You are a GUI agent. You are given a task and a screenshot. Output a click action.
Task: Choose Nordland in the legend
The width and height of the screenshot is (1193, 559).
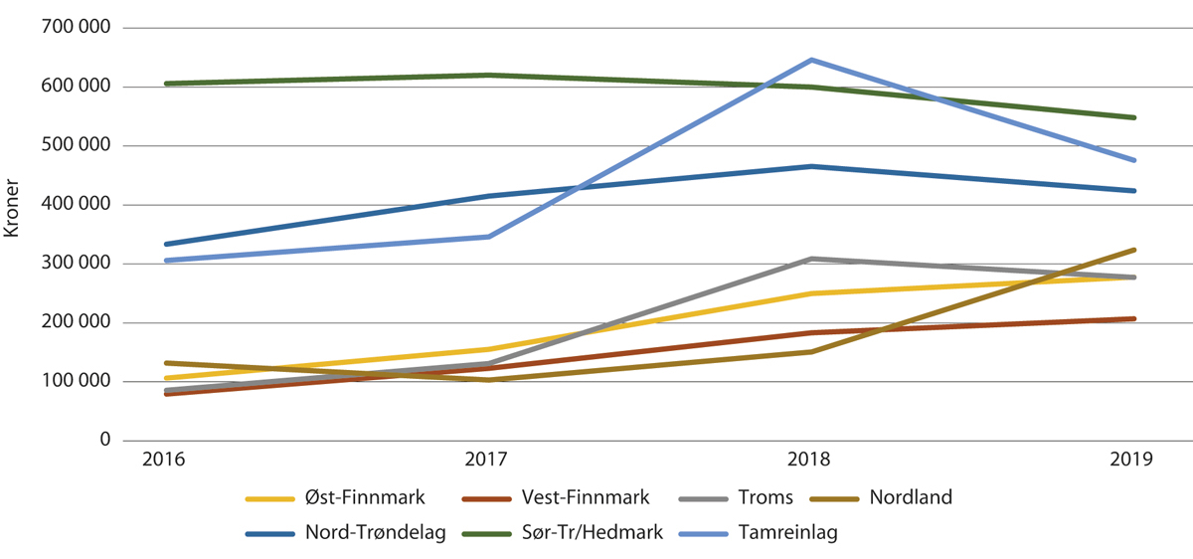click(x=910, y=497)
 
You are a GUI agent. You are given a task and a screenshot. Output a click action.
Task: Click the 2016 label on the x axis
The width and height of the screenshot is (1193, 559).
click(x=163, y=460)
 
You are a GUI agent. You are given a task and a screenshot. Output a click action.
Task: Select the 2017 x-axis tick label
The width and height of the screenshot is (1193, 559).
click(x=487, y=460)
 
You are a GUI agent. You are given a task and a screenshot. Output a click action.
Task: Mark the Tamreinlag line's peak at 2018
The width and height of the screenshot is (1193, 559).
click(x=811, y=60)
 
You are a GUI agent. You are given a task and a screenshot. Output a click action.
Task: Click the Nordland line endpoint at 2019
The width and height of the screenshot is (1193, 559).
click(x=1134, y=250)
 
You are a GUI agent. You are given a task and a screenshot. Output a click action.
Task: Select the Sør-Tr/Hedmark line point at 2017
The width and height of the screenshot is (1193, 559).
click(x=487, y=75)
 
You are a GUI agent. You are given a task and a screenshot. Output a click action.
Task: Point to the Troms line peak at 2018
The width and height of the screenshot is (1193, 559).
click(x=811, y=259)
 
